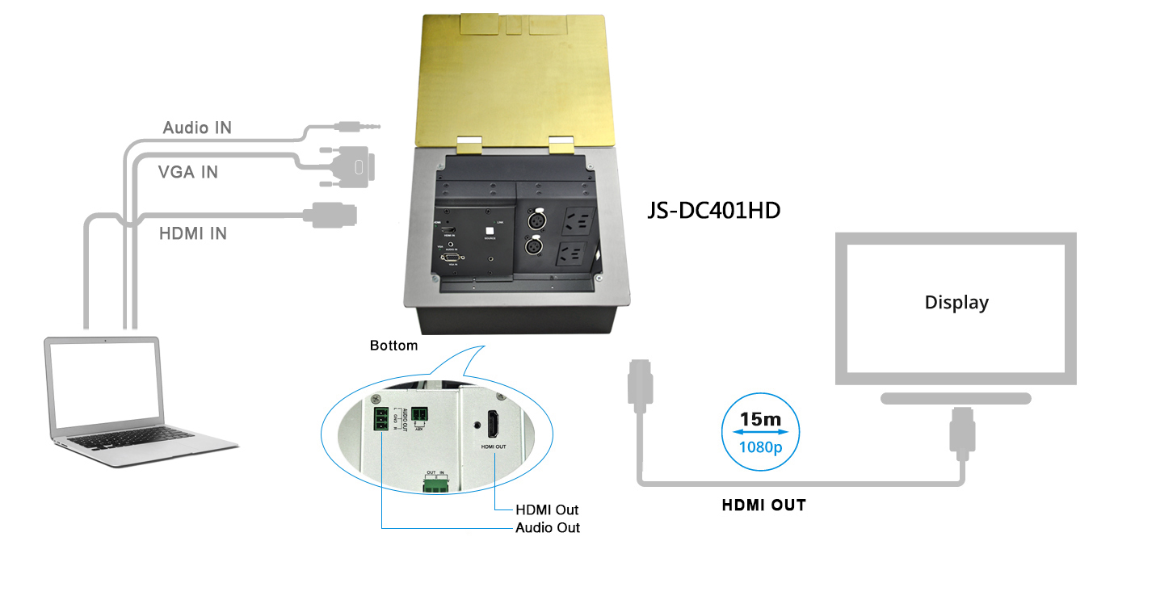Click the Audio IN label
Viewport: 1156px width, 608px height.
pos(197,128)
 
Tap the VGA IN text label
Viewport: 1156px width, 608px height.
pos(187,172)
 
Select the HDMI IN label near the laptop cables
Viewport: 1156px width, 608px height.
pos(192,233)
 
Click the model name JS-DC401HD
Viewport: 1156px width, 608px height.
pos(714,210)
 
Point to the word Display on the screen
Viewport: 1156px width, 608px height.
pos(956,303)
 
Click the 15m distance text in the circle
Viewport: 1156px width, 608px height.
pos(761,420)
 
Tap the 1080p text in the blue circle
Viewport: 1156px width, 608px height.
pos(761,446)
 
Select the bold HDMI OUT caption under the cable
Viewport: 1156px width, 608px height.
pos(763,505)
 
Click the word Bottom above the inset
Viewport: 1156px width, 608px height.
pos(393,346)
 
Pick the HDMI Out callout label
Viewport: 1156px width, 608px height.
pos(547,509)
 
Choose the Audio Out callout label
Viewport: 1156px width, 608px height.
pos(548,527)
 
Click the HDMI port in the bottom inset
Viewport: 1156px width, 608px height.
pos(493,424)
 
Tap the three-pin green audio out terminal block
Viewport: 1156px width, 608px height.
pos(380,421)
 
